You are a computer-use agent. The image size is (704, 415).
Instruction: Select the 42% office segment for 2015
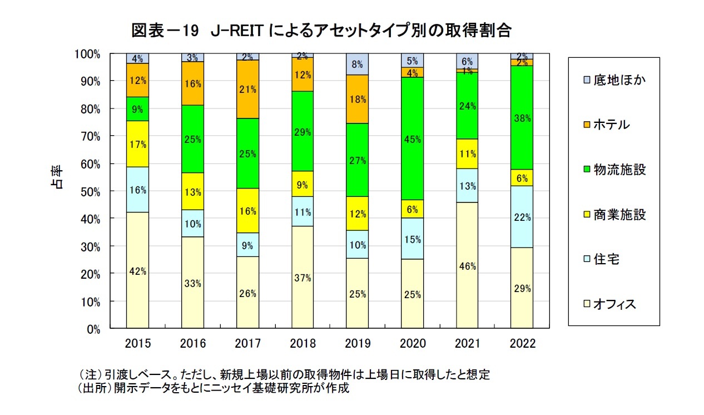coord(137,270)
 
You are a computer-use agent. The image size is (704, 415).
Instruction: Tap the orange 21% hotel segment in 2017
coord(247,89)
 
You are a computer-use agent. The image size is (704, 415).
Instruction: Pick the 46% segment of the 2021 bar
coord(467,265)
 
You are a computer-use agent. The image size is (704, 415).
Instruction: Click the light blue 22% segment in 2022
coord(522,217)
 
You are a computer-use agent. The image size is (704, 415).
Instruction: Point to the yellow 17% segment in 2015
coord(137,144)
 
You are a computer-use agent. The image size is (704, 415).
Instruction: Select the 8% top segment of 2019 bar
coord(357,64)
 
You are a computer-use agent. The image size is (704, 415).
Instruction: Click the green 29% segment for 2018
coord(302,131)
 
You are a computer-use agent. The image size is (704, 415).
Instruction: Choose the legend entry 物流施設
coord(618,170)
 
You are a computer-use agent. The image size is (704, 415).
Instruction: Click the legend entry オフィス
coord(613,304)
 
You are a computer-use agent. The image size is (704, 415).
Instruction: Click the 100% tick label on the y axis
coord(87,54)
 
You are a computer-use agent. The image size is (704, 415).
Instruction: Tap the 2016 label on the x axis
coord(192,344)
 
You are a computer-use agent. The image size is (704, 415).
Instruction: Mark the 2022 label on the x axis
coord(522,344)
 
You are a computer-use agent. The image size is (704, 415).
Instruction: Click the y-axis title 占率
coord(58,177)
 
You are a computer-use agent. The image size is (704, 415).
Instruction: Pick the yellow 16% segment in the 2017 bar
coord(247,211)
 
